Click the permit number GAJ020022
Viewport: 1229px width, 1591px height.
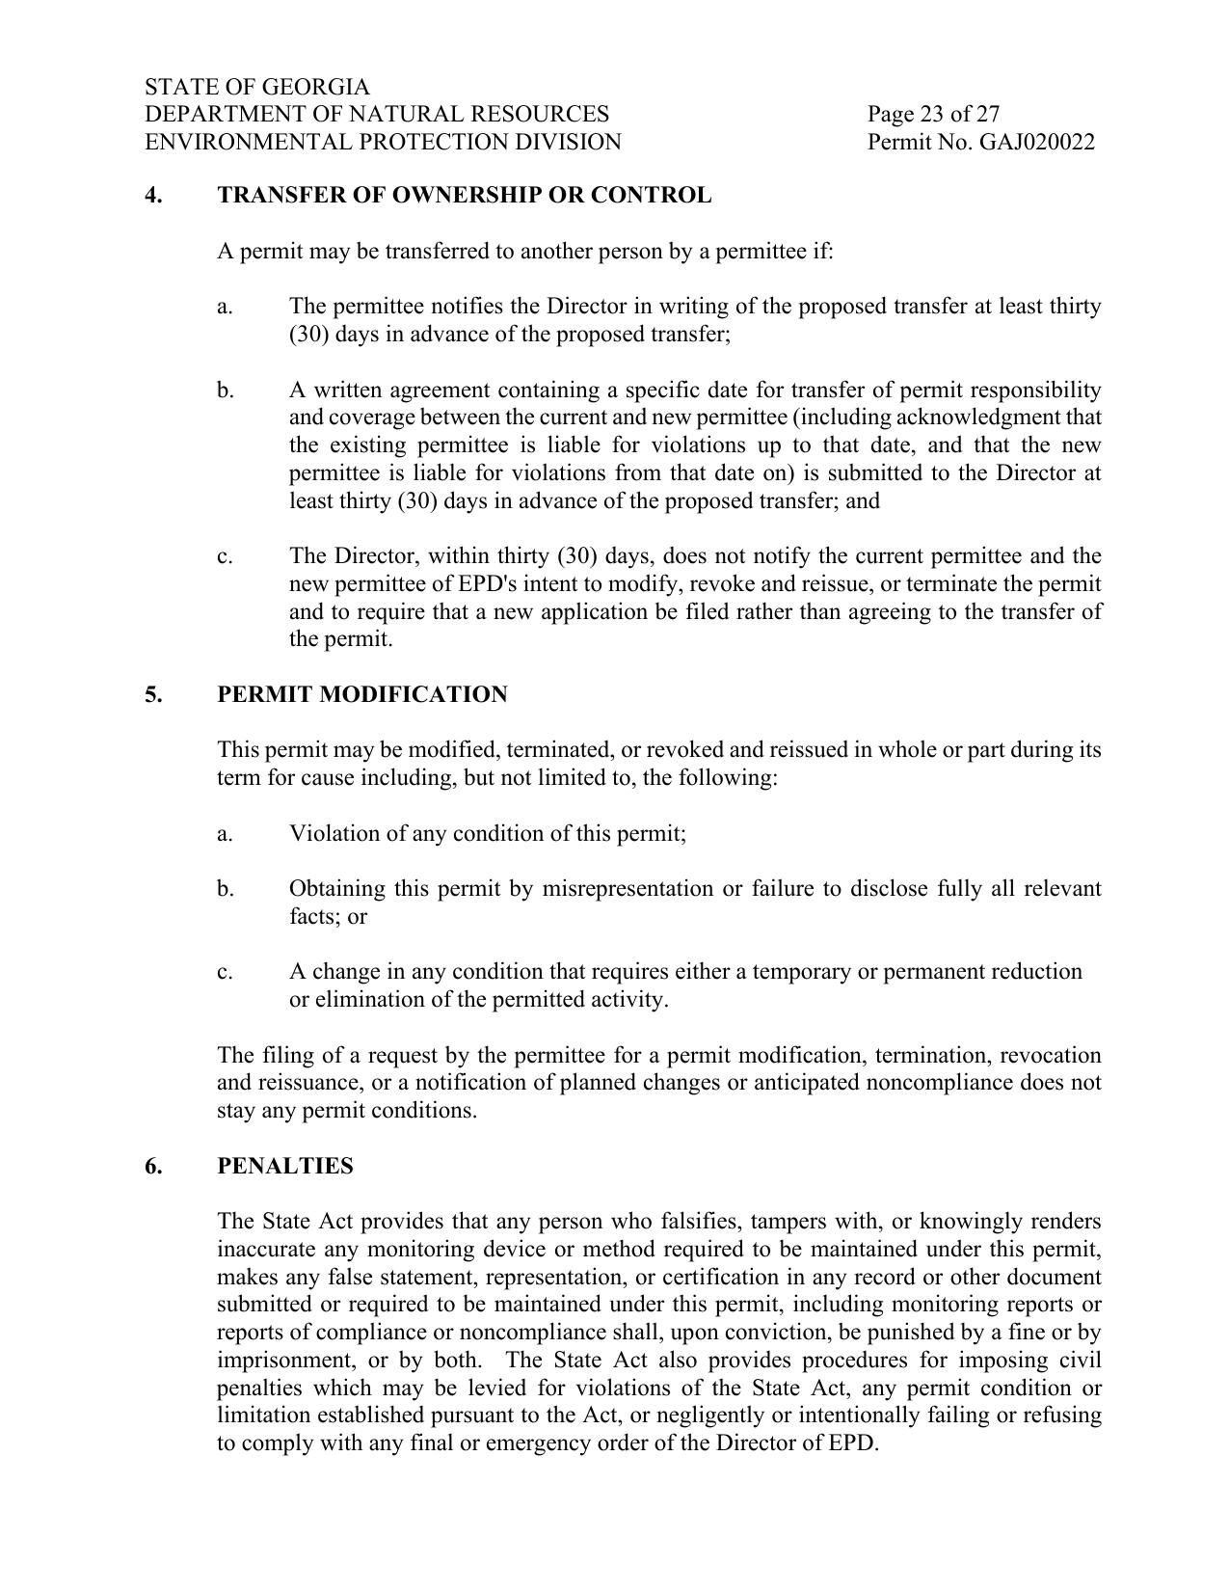pos(1036,143)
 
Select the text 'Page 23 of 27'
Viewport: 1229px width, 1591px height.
pos(933,115)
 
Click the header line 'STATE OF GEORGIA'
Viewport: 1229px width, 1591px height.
pos(257,87)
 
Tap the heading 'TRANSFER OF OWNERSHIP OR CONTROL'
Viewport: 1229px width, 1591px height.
pos(464,196)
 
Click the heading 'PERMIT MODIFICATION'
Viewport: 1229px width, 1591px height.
pos(361,695)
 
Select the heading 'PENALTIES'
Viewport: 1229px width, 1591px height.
pos(284,1167)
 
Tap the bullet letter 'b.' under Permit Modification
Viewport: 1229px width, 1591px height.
pos(225,889)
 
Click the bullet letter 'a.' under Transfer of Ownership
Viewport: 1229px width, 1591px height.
pos(225,307)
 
